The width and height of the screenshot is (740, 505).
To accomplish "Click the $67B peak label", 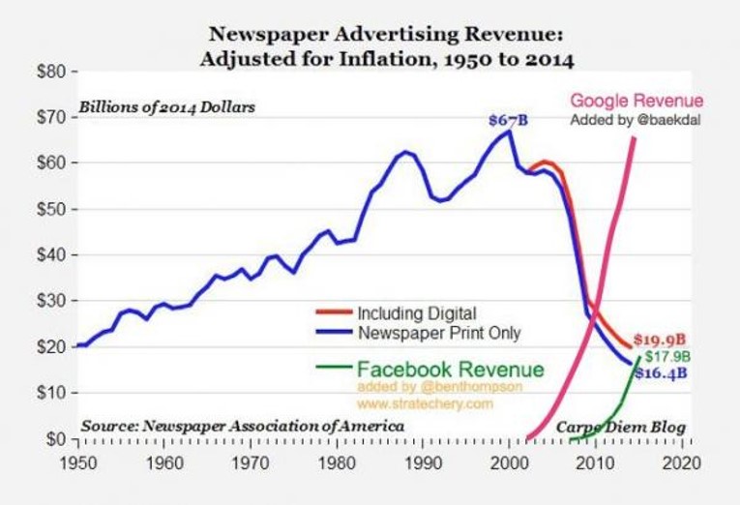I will (x=508, y=120).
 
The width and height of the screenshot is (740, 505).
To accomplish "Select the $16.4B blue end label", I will (x=663, y=371).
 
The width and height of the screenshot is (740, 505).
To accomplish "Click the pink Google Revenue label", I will (x=636, y=101).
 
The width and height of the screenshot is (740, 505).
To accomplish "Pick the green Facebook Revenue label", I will (x=451, y=369).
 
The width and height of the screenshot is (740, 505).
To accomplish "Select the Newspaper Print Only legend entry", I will (x=439, y=333).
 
